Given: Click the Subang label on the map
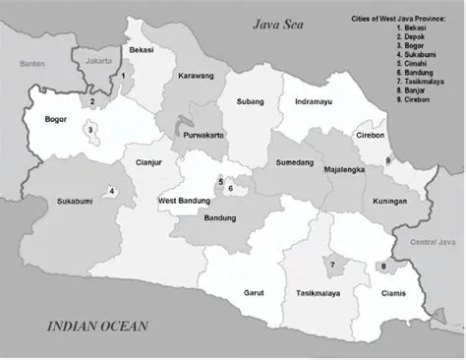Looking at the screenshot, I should pos(249,101).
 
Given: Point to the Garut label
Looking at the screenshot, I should pos(255,293).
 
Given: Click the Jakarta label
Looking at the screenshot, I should pos(100,61).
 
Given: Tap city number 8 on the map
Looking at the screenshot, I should pos(382,266).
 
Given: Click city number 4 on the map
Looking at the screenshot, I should pos(111,192).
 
